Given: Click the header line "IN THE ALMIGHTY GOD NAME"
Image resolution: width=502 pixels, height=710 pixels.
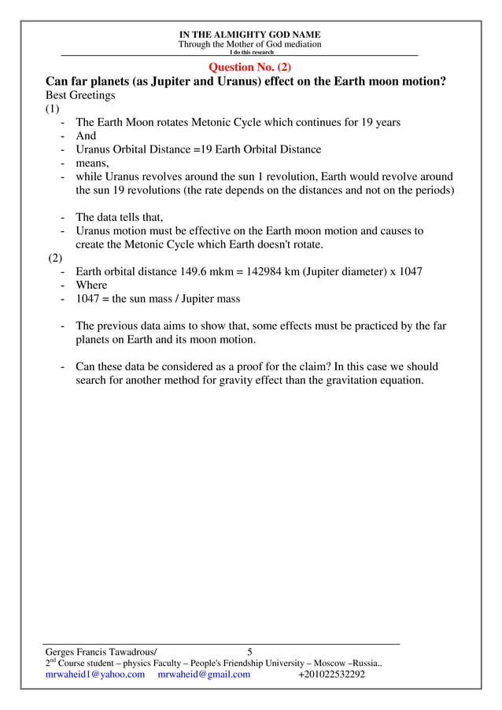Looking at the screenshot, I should point(249,35).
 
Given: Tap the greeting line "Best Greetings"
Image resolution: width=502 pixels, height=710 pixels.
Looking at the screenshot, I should point(80,95).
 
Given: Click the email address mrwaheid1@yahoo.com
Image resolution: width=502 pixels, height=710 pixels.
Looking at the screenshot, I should point(95,674).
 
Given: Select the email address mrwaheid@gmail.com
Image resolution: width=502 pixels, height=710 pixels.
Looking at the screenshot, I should point(204,674).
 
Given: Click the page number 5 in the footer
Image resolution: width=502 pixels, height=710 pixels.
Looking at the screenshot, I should point(250,651).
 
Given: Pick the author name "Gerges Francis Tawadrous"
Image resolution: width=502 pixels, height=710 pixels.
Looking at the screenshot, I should point(100,651).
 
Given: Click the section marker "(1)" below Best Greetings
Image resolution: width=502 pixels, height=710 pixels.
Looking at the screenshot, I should point(52,109).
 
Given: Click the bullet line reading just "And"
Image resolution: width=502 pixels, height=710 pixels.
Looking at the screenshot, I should point(86,136).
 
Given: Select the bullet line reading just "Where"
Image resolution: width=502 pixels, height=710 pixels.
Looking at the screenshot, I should point(91,285).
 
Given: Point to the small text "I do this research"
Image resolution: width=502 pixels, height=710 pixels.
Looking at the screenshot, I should point(251,52).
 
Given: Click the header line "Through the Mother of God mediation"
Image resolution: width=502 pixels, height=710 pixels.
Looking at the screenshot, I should point(249,45).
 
